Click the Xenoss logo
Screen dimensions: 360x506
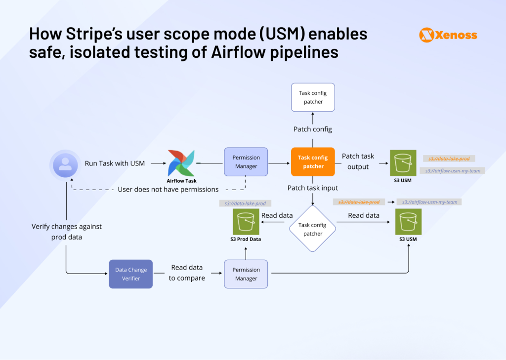point(448,35)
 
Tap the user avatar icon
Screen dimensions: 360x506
point(65,164)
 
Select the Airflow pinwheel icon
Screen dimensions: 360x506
point(181,162)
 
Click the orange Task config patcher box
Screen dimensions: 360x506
point(313,162)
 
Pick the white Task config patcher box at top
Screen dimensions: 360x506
point(313,97)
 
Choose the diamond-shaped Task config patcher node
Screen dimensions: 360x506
point(313,229)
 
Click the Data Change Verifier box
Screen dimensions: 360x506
point(131,274)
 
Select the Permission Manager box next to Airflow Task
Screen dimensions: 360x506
point(246,162)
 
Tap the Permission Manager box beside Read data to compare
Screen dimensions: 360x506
point(246,274)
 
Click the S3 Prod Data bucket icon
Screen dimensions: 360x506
point(246,221)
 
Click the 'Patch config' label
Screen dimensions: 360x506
point(313,129)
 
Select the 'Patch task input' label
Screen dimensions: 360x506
point(313,188)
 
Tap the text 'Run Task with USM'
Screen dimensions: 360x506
point(115,163)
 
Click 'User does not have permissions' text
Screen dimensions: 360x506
point(168,190)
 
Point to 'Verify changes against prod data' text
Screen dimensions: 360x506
point(66,232)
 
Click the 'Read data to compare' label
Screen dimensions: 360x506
point(187,273)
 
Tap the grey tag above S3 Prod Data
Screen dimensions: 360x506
point(246,203)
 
